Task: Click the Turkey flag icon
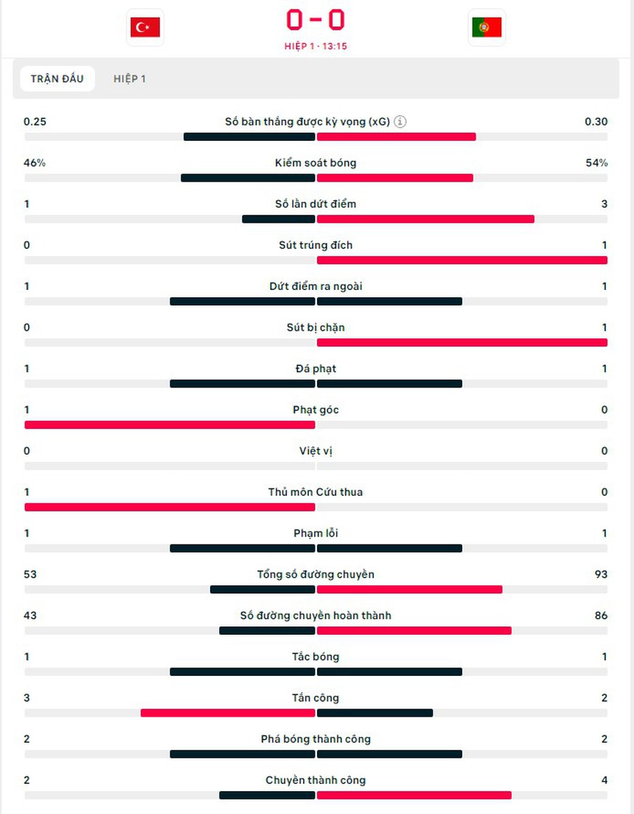coord(145,27)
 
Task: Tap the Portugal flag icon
coord(487,27)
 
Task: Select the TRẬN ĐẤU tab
coord(58,79)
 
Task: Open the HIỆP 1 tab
coord(129,79)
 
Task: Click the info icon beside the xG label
coord(400,122)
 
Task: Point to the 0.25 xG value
coord(35,122)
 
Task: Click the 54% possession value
coord(596,163)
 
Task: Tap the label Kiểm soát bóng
coord(316,163)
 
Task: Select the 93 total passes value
coord(600,575)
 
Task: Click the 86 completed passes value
coord(600,616)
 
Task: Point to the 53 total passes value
coord(30,575)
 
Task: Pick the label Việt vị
coord(316,451)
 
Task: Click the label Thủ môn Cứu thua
coord(316,492)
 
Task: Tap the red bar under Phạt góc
coord(170,425)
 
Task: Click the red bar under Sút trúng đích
coord(462,261)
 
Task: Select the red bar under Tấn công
coord(228,714)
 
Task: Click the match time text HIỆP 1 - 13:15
coord(316,46)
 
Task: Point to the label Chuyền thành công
coord(316,781)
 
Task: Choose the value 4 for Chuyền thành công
coord(605,781)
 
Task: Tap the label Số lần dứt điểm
coord(316,204)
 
